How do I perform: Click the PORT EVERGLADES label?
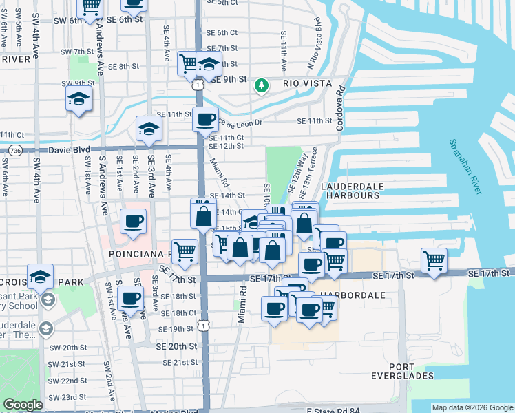coord(410,371)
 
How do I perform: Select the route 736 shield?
coord(16,149)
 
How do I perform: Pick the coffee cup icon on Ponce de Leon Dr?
coord(205,119)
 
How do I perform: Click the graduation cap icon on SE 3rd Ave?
coord(148,127)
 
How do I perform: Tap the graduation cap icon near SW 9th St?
coord(79,98)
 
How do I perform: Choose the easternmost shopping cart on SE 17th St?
coord(434,260)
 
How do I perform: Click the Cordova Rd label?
coord(339,109)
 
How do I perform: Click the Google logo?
coord(23,405)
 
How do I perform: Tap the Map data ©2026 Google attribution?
coord(472,407)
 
